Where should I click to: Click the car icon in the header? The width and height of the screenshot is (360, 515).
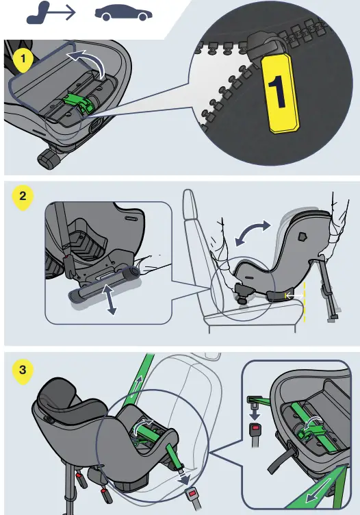tap(124, 13)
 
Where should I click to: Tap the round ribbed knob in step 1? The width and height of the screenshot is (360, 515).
tap(47, 160)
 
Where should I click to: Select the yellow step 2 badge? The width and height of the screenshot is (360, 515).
tap(23, 197)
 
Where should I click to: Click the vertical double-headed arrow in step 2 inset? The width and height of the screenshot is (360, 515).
tap(107, 299)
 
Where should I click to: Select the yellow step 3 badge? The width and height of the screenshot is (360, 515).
tap(23, 370)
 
